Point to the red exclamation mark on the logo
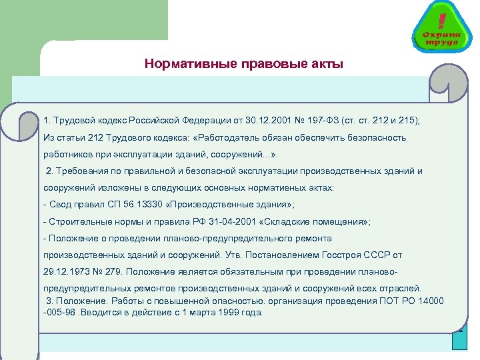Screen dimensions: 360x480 coord(442,18)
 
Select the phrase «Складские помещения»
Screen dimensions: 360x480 coord(313,221)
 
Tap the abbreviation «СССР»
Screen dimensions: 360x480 coord(375,255)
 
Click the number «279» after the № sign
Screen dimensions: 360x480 coord(110,271)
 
